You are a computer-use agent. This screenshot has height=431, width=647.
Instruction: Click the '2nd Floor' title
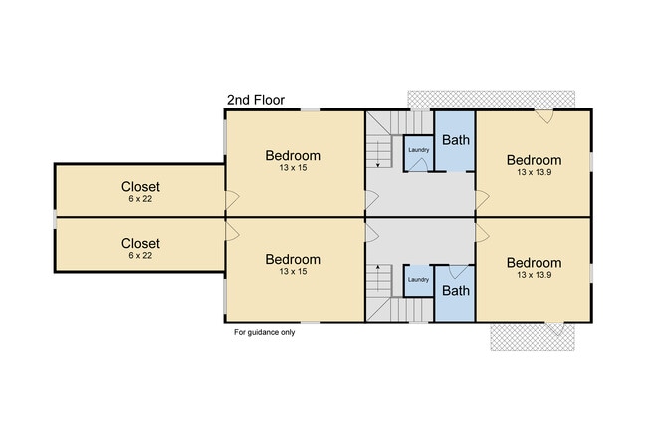click(256, 100)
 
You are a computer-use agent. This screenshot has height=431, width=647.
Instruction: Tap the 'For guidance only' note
click(265, 332)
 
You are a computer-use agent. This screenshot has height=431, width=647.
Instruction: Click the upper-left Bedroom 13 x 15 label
click(293, 160)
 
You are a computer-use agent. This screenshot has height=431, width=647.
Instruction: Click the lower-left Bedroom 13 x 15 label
click(293, 264)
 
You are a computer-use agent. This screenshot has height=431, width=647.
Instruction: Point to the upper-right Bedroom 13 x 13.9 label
click(534, 165)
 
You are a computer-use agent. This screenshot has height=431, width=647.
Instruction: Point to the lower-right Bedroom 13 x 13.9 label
click(534, 268)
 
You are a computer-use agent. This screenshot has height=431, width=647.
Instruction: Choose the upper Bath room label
click(456, 140)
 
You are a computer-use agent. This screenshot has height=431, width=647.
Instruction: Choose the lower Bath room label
click(456, 291)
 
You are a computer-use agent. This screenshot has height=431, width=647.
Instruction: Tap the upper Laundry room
click(418, 153)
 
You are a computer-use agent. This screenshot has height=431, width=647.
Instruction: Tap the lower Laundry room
click(418, 281)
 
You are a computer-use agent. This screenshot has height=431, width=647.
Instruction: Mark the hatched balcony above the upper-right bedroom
click(491, 100)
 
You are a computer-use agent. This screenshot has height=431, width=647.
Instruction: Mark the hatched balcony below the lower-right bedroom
click(533, 337)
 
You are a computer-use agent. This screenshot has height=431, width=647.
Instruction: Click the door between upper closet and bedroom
click(232, 200)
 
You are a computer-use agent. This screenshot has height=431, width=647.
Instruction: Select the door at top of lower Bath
click(459, 272)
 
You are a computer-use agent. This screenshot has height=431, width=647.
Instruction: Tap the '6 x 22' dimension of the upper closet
click(140, 199)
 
